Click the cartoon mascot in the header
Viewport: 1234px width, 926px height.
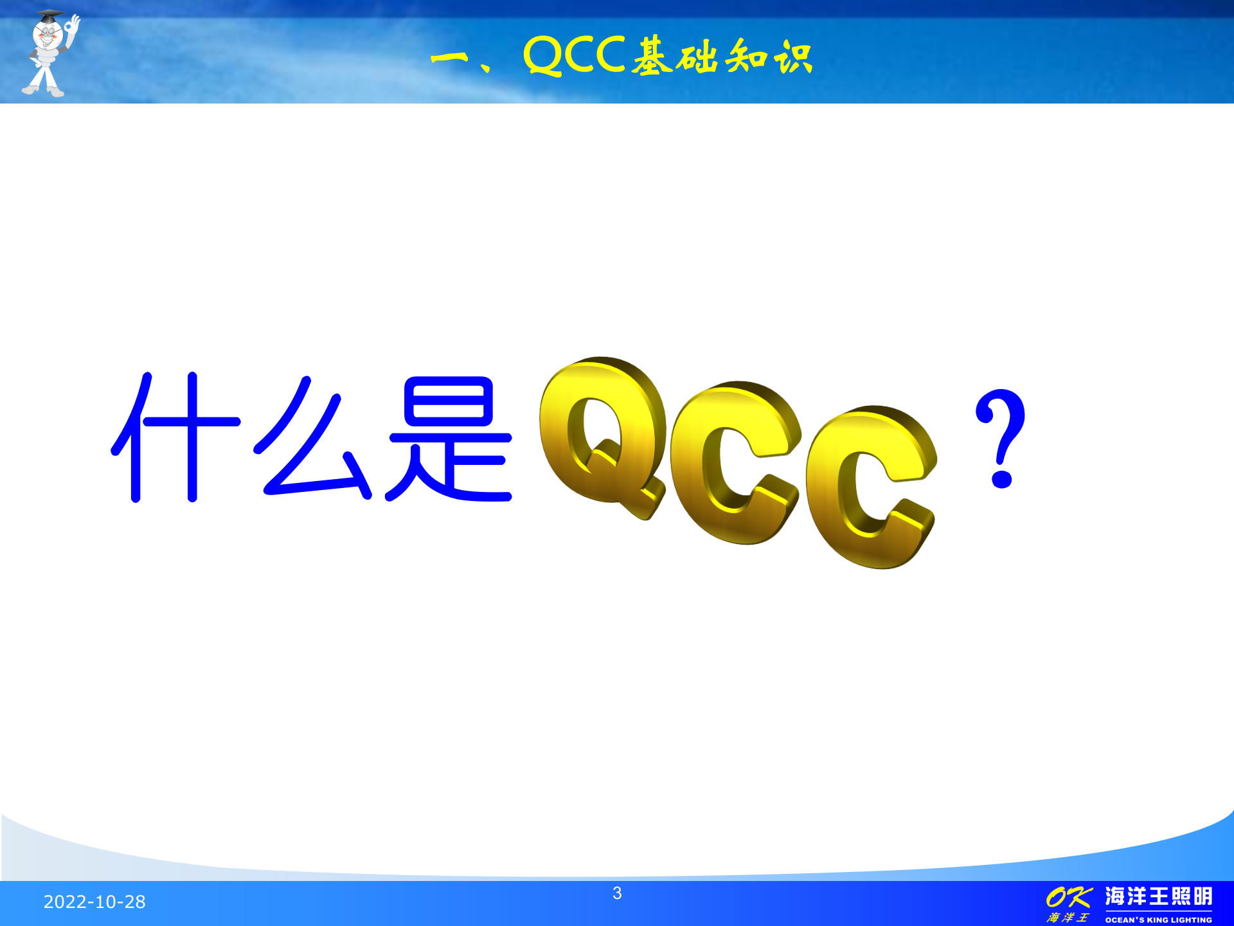(48, 55)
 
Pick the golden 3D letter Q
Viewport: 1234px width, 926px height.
(601, 437)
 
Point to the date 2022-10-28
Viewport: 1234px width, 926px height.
(94, 902)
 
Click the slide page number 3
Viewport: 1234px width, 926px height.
(617, 893)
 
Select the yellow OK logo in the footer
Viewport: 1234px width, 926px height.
(1068, 897)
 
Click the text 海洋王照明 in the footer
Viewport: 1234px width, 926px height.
(1158, 896)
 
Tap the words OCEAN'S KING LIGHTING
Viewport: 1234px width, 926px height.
(1158, 920)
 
